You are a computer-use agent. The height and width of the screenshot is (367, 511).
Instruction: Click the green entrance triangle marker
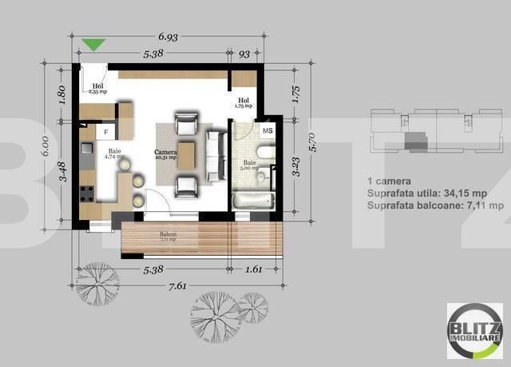tap(94, 45)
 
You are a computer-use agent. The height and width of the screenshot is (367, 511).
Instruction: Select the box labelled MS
tap(267, 130)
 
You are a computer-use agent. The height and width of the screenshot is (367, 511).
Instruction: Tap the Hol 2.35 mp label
tap(97, 88)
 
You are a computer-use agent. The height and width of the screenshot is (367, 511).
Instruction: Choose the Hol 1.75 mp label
tap(244, 102)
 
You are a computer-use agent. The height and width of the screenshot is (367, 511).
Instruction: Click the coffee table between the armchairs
tap(187, 155)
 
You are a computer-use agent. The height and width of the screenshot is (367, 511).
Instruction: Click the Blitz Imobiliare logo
tap(474, 331)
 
